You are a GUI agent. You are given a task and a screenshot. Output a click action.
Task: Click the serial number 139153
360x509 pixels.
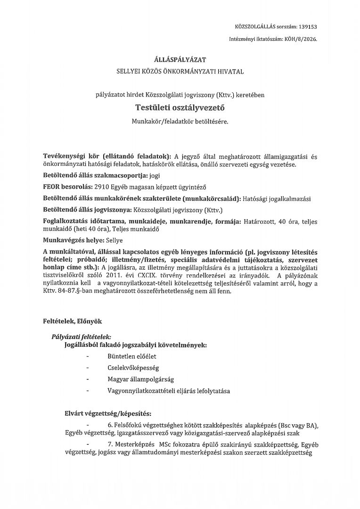point(308,27)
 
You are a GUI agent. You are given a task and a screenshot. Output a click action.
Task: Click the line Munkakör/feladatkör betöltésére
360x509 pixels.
point(180,122)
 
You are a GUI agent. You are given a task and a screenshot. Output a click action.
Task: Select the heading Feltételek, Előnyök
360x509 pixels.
point(72,321)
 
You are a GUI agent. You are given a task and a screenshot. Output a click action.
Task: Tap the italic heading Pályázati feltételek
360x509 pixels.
point(82,337)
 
